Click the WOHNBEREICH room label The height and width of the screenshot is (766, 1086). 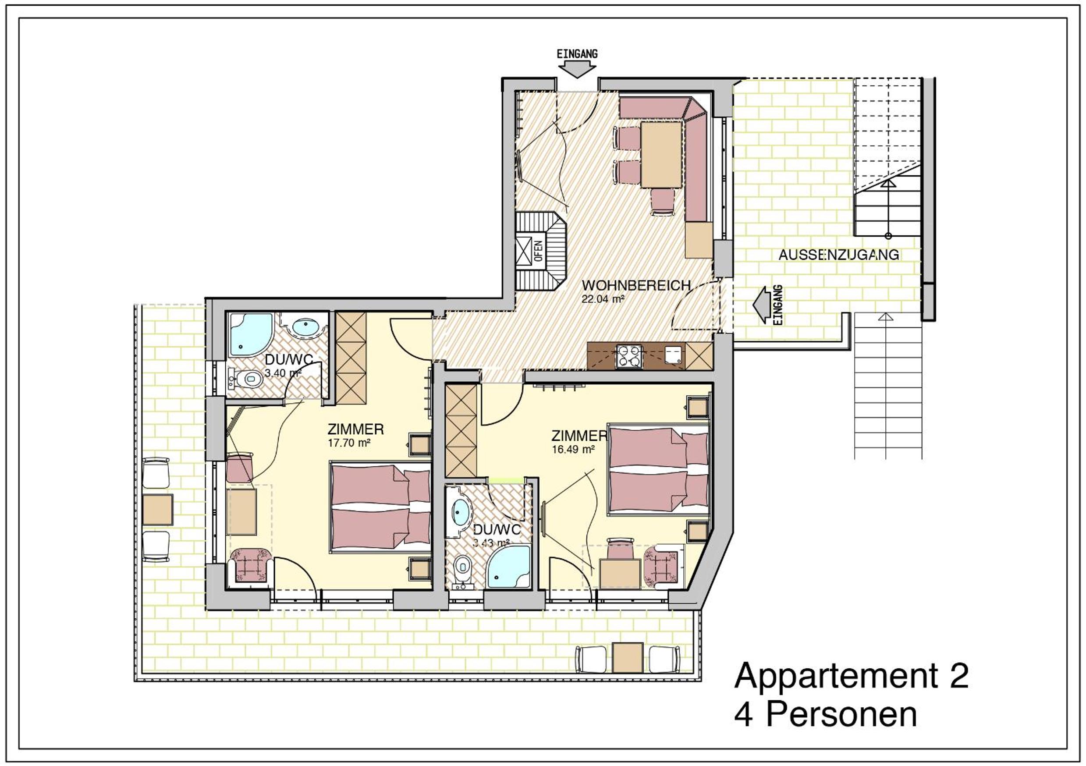pos(636,286)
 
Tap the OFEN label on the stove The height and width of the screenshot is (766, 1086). pos(538,251)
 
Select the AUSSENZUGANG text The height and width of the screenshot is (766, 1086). pos(839,255)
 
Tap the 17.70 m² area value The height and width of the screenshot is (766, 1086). pos(348,443)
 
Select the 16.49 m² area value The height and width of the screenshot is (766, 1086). pos(573,449)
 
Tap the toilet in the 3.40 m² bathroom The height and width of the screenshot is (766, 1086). pos(246,378)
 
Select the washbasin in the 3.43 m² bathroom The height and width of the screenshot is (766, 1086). pos(461,511)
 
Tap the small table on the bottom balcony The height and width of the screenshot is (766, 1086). pos(628,657)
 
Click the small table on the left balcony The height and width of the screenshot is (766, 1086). pos(157,510)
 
